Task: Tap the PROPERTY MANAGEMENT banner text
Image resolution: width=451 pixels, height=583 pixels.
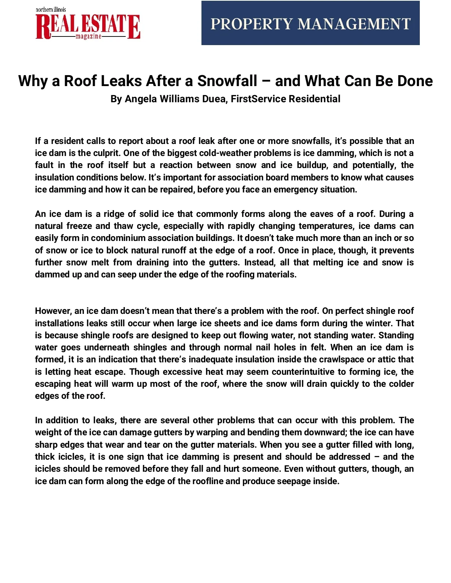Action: [x=310, y=24]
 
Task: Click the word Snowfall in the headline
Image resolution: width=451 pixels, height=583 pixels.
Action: [x=227, y=81]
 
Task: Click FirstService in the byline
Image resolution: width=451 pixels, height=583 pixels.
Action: [x=254, y=99]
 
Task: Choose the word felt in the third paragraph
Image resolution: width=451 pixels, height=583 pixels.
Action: [x=318, y=347]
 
